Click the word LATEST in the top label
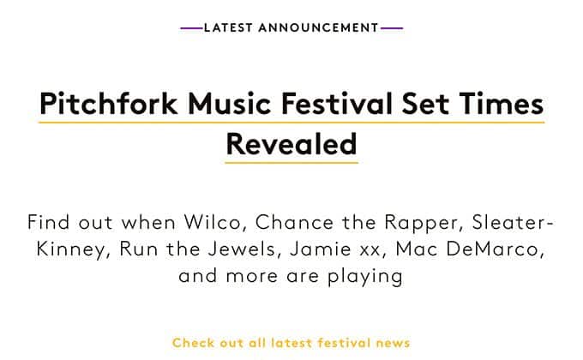(228, 28)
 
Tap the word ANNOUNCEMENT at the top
(319, 28)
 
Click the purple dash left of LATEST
(192, 28)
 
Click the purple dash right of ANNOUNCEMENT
(392, 28)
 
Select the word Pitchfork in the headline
(109, 103)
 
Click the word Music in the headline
(229, 103)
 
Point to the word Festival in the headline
(336, 103)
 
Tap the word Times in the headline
(502, 103)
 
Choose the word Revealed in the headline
(291, 143)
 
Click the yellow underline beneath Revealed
(291, 163)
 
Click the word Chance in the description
(294, 222)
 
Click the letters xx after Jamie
(370, 250)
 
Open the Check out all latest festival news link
(291, 343)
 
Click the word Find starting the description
(48, 222)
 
